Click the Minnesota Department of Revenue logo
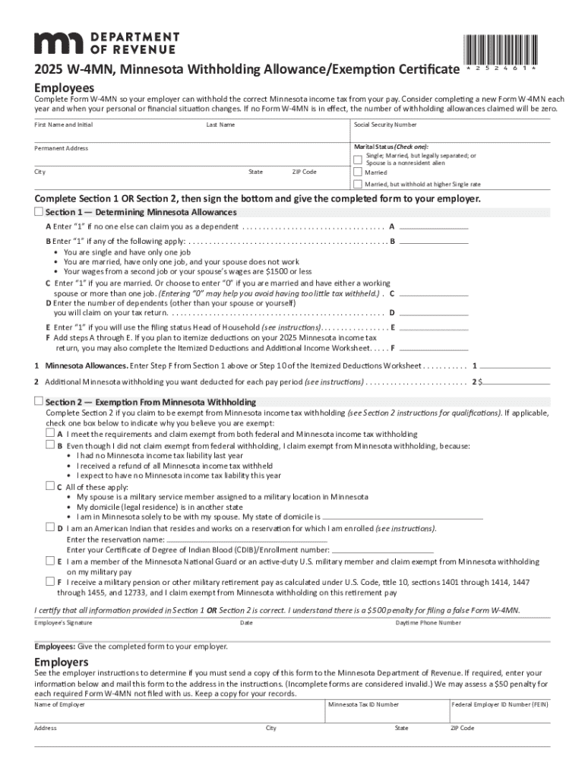(106, 43)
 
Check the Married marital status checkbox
(358, 172)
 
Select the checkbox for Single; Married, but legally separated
(358, 159)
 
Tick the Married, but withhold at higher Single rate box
(358, 185)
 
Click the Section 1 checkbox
(39, 211)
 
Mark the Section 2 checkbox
(39, 401)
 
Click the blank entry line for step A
(434, 226)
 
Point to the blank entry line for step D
(434, 312)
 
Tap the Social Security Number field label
(385, 125)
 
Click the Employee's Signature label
(63, 623)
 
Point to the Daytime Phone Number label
(428, 623)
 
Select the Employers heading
(62, 662)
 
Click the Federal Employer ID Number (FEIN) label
(499, 704)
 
